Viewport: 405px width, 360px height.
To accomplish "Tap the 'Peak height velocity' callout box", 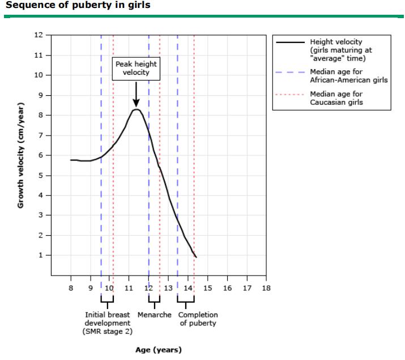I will [136, 68].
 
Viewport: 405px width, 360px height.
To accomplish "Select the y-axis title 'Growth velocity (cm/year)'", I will [21, 155].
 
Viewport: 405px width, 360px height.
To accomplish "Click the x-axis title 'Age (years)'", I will [159, 350].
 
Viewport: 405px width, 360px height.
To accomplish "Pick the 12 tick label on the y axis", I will [39, 35].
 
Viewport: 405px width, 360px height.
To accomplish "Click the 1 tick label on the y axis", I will [41, 255].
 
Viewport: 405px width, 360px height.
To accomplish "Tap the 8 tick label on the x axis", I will [71, 288].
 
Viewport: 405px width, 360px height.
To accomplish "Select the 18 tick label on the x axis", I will [266, 288].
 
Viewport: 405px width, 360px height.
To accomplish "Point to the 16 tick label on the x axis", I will [227, 288].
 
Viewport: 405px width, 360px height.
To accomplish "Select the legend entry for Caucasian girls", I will [336, 98].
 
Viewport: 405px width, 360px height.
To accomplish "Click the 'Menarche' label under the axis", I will [154, 315].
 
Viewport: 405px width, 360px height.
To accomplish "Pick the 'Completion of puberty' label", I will [198, 319].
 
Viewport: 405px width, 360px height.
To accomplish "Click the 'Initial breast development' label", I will [108, 323].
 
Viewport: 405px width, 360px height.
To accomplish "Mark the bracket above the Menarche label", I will [154, 300].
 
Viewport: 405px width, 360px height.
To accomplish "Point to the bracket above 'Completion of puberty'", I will [186, 300].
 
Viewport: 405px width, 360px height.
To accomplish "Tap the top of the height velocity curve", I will [137, 109].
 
